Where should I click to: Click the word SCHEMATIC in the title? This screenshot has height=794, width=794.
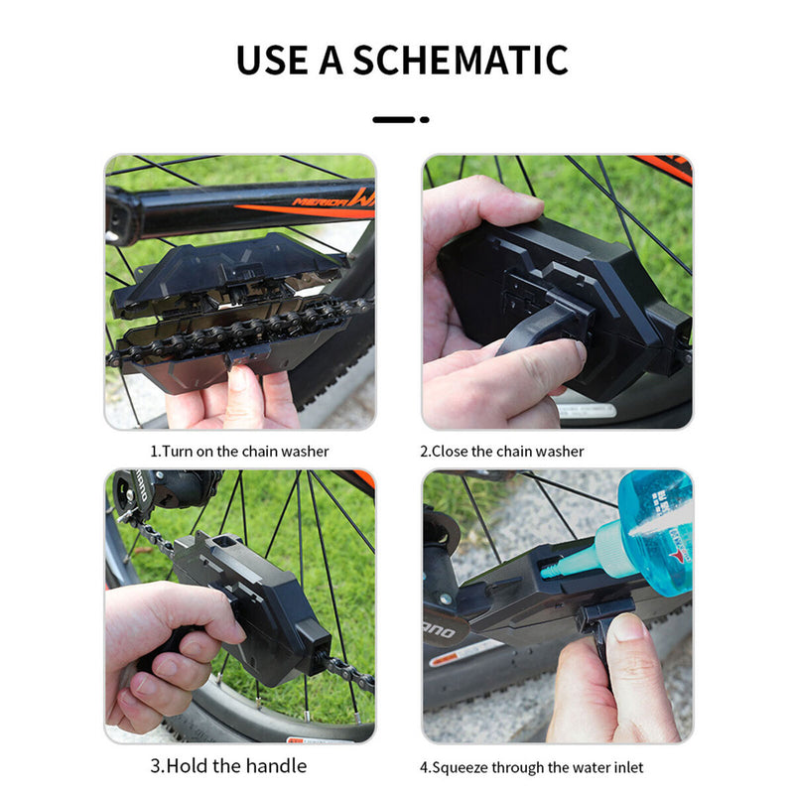point(460,60)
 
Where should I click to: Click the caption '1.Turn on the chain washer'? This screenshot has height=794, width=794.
point(239,452)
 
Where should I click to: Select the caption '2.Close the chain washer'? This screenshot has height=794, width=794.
point(501,452)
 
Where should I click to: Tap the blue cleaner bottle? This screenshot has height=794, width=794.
point(657,531)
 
